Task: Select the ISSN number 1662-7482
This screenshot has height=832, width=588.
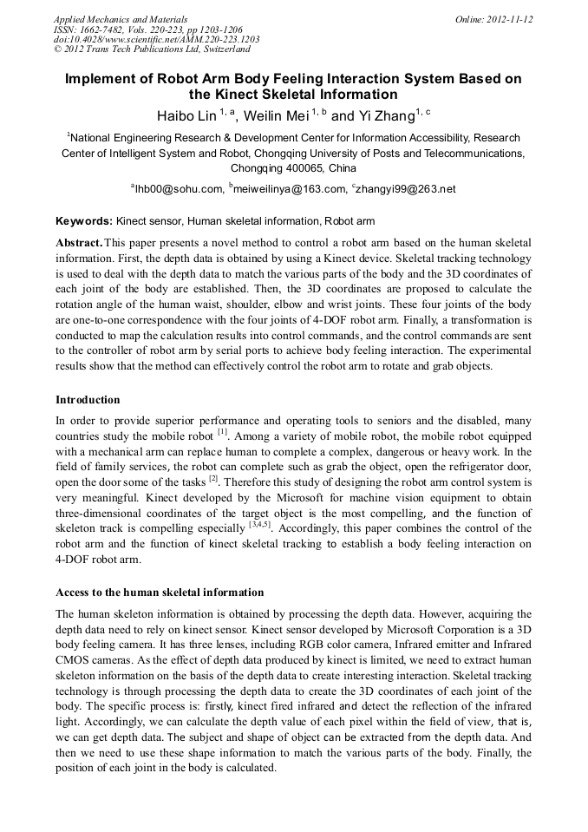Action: point(99,29)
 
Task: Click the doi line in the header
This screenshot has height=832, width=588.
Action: point(156,40)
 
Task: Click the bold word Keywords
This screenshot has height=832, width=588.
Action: point(83,221)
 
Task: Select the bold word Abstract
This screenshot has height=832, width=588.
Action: point(79,242)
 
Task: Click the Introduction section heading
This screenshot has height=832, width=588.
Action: point(88,400)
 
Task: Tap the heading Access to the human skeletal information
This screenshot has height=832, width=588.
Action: point(160,593)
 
